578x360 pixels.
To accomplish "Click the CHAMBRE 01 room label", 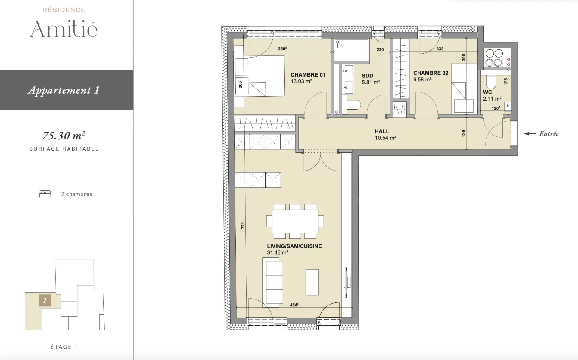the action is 308,75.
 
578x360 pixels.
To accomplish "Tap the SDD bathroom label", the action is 367,76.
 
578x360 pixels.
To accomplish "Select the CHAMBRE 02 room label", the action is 430,73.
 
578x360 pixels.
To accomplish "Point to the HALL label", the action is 382,131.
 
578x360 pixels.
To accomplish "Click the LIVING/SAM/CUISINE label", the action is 294,246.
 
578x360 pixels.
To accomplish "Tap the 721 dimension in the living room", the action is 243,225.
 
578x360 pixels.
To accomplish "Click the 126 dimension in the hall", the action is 463,133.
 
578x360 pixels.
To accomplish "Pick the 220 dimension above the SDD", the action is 380,49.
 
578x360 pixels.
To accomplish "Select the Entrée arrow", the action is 530,134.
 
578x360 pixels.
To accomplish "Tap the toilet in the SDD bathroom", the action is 354,105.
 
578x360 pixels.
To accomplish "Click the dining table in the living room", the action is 295,221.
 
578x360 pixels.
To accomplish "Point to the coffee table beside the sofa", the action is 312,282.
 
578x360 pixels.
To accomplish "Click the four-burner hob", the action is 494,58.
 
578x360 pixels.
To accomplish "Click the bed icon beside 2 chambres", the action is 45,194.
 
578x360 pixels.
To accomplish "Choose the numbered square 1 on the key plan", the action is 45,300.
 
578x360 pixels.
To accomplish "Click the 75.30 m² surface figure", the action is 64,136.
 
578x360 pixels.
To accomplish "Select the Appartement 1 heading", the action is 64,90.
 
